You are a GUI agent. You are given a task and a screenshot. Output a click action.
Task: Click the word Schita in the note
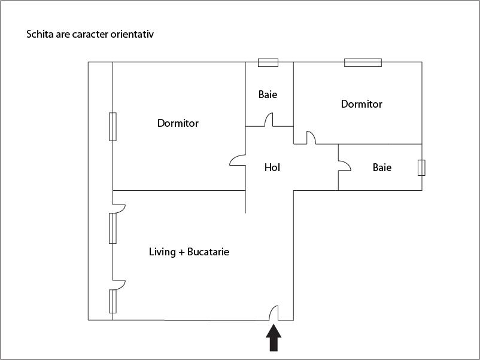[40, 34]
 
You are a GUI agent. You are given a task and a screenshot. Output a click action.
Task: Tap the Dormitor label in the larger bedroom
[178, 123]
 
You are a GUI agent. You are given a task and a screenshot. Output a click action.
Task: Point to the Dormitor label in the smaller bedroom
[361, 104]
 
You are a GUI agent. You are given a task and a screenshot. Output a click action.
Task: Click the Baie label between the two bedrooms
[268, 94]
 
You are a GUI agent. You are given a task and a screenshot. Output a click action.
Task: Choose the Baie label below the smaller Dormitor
[382, 167]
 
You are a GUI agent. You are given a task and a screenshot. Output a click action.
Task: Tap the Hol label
[272, 167]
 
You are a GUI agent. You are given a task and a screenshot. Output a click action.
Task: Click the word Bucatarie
[208, 252]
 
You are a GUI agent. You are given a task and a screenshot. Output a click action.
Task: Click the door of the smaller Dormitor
[310, 138]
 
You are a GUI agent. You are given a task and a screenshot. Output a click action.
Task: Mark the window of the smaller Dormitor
[363, 62]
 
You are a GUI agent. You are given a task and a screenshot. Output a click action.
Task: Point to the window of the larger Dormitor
[113, 126]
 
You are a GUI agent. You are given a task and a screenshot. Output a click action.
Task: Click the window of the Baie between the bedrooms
[268, 62]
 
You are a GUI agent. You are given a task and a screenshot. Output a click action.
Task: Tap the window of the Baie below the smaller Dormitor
[421, 167]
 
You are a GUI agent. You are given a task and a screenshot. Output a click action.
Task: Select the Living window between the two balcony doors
[113, 228]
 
